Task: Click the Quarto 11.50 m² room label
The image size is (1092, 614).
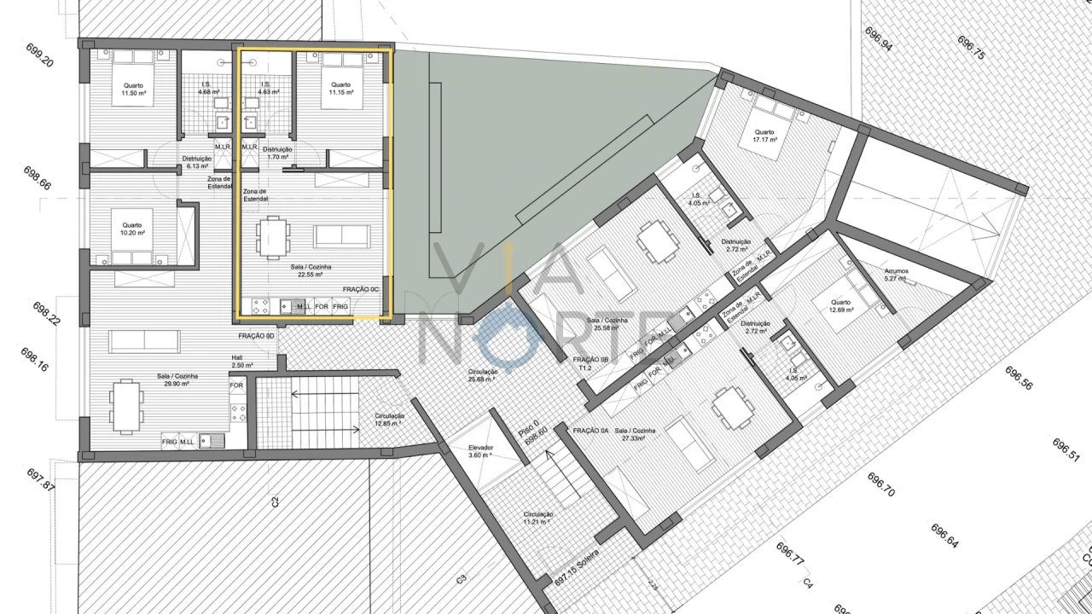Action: click(x=133, y=89)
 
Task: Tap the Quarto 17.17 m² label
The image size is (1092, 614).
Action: click(x=764, y=136)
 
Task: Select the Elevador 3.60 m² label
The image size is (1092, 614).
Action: click(x=481, y=452)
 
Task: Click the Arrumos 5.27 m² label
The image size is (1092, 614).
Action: click(x=896, y=275)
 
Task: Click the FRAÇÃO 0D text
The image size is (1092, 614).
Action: click(x=256, y=336)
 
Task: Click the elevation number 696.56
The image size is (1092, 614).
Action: click(x=1019, y=378)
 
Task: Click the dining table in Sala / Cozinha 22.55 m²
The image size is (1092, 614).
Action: click(x=272, y=237)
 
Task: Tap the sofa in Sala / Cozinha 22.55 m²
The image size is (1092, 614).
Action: click(x=342, y=235)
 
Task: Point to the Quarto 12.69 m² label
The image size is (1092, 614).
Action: click(x=841, y=306)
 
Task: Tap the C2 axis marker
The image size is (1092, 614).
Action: click(x=276, y=502)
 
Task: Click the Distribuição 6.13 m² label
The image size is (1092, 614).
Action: click(x=197, y=162)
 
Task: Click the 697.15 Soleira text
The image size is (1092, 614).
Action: click(x=578, y=566)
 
